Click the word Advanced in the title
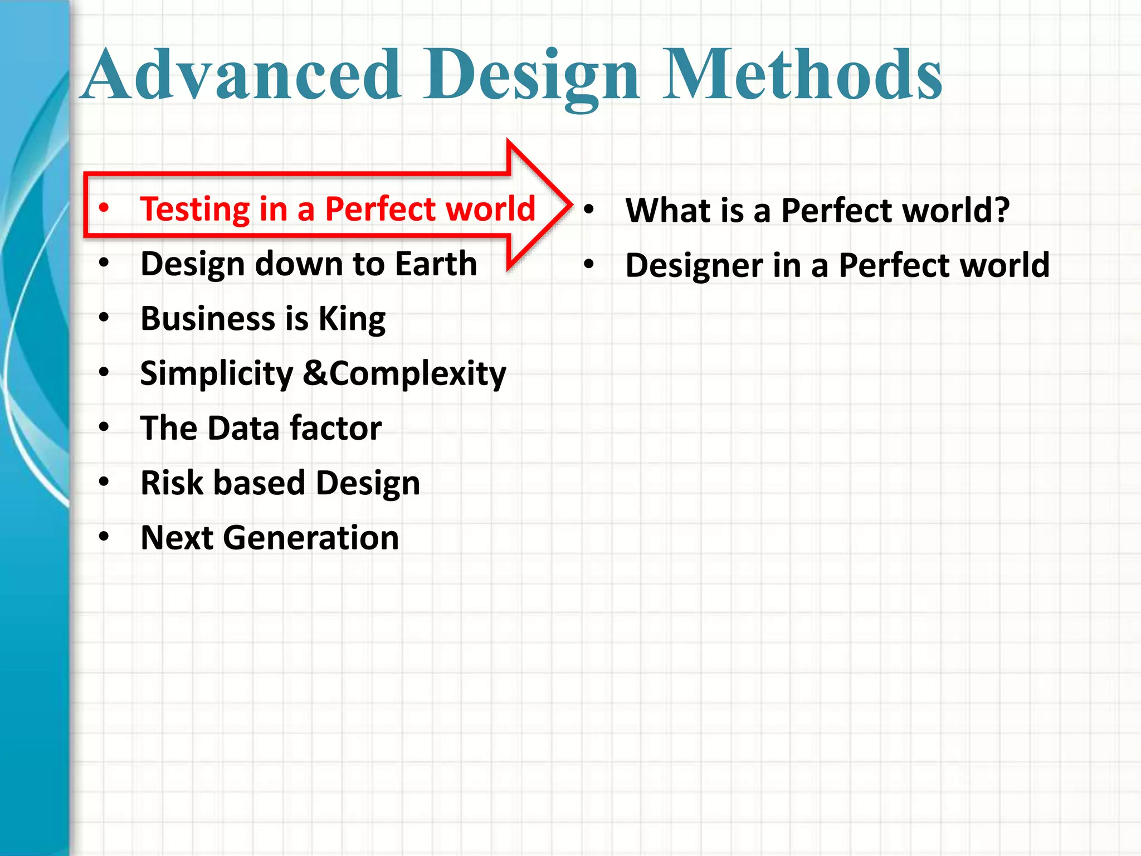tap(242, 75)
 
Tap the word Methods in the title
tap(802, 75)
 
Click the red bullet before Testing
tap(104, 208)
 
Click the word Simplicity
tap(216, 374)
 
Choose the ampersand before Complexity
tap(315, 373)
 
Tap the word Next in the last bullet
tap(177, 538)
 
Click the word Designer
tap(694, 266)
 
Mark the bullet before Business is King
tap(104, 318)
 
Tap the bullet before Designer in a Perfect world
tap(589, 264)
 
